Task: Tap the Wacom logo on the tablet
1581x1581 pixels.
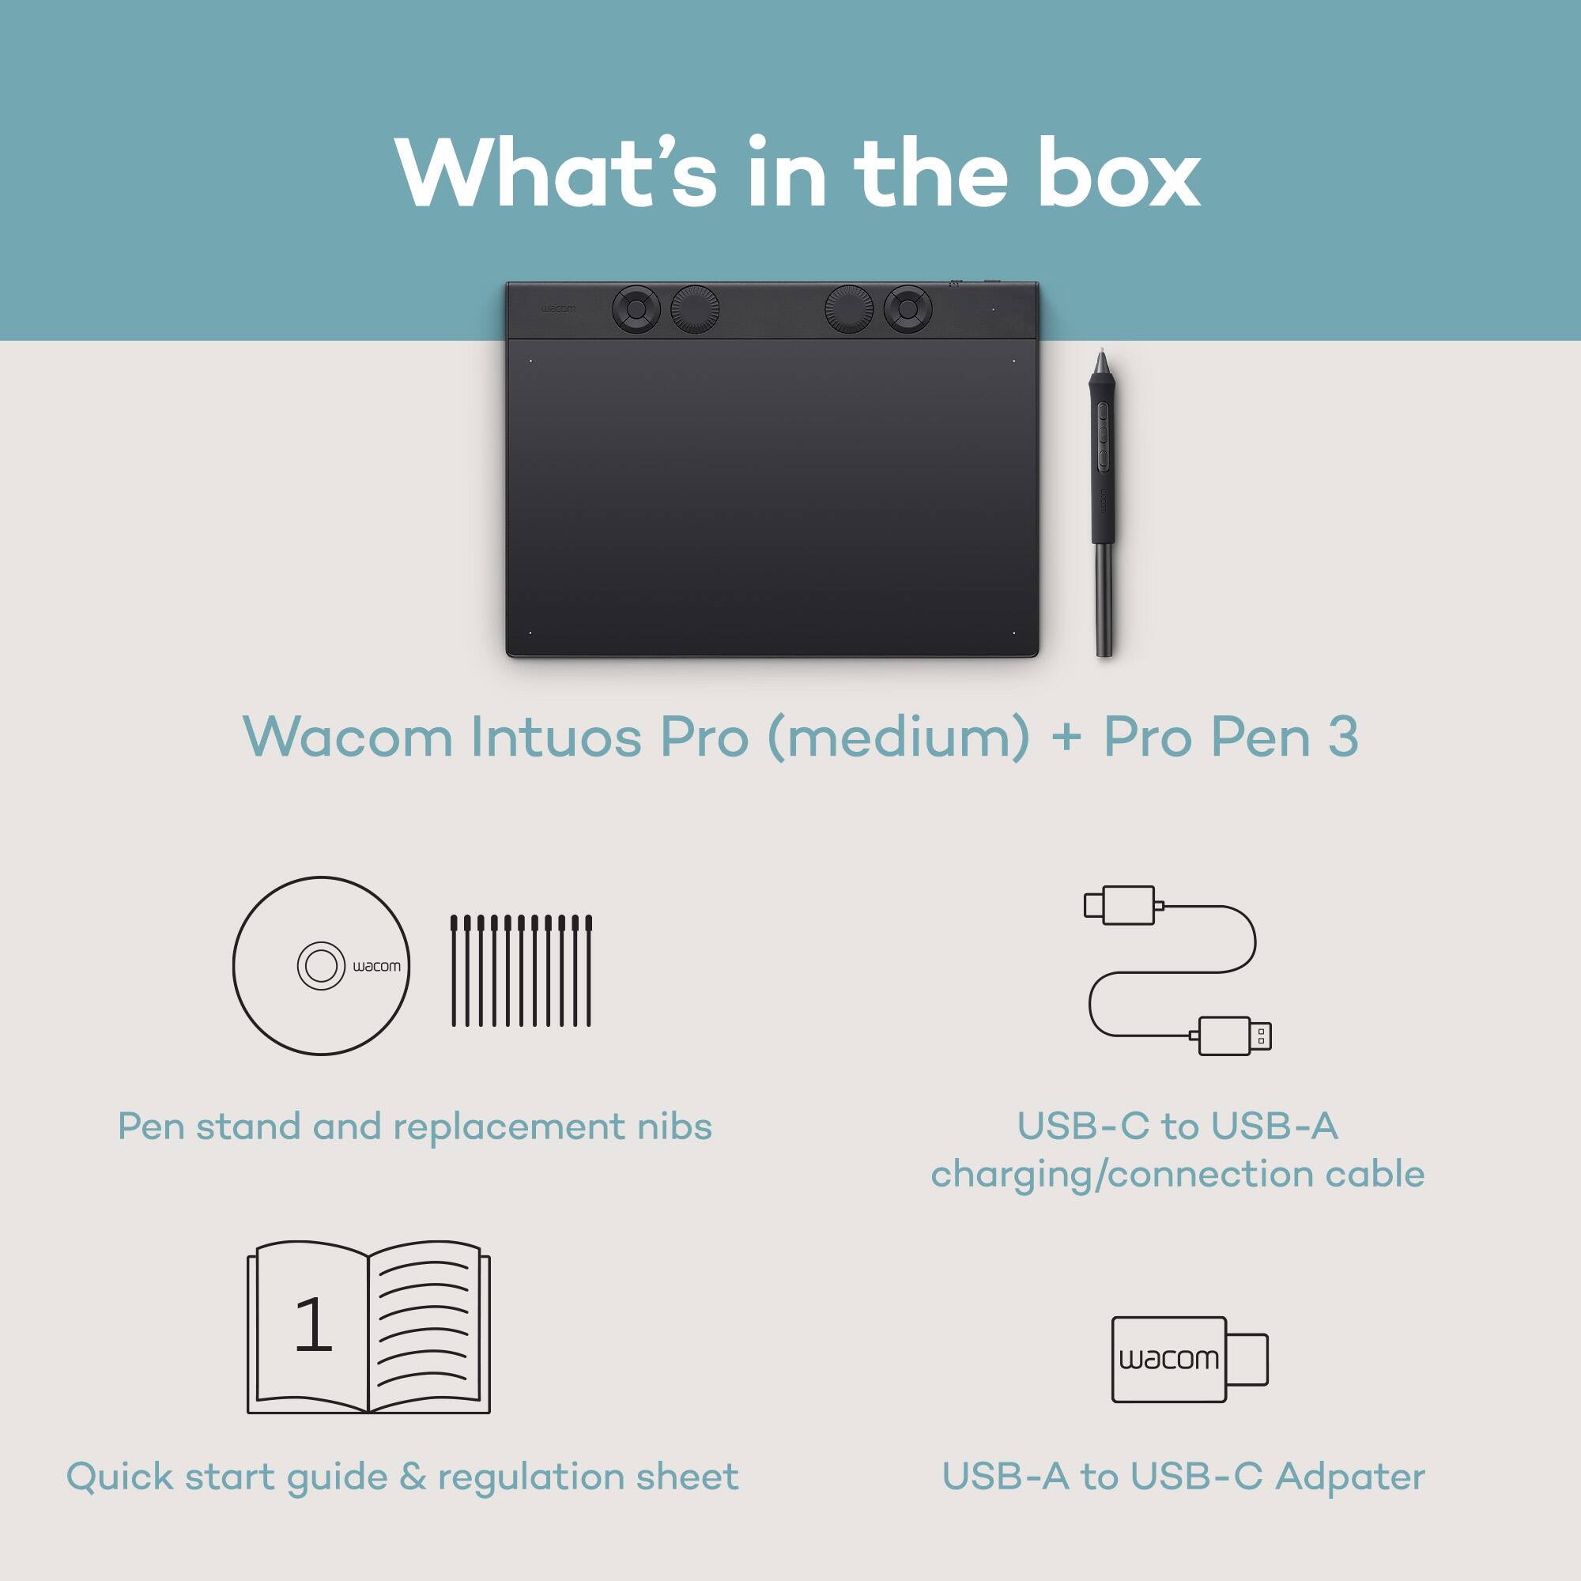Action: point(557,309)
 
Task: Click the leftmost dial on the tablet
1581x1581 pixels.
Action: point(636,309)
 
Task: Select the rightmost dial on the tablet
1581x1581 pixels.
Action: point(907,308)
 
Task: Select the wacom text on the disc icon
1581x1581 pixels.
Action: point(376,967)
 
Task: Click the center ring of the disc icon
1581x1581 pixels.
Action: point(320,967)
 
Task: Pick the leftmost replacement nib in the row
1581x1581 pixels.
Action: point(455,971)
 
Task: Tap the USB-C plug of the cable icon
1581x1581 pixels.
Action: point(1119,905)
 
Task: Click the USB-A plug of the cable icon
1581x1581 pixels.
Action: point(1235,1036)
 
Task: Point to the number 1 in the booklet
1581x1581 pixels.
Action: point(312,1325)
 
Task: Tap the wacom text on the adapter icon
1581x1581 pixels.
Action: point(1168,1359)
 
